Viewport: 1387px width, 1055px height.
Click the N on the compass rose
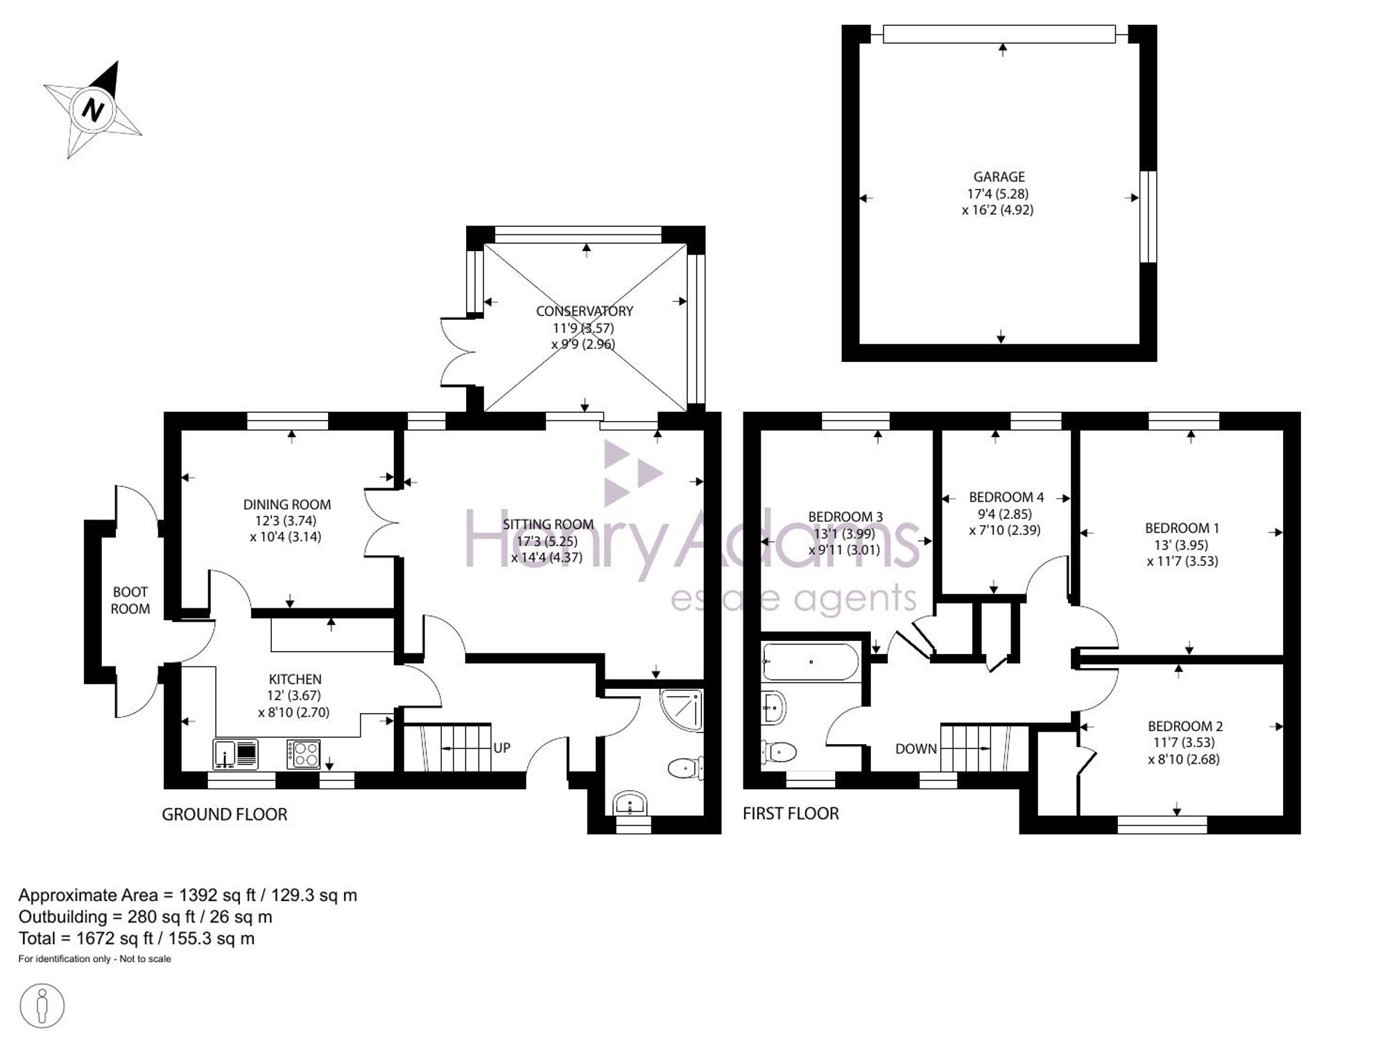[92, 110]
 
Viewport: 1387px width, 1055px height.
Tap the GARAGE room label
[999, 177]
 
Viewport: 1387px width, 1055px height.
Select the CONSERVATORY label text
[584, 311]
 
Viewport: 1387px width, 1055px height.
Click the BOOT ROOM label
[130, 600]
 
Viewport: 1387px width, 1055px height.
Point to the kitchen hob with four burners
[304, 754]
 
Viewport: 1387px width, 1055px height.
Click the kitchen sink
[236, 754]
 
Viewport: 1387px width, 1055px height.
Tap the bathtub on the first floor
[810, 662]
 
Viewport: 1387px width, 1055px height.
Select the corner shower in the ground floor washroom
[682, 710]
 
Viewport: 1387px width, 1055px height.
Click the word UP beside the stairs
[502, 748]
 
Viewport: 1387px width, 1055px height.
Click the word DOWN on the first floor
[916, 748]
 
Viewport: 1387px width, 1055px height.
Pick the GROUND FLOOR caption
[225, 814]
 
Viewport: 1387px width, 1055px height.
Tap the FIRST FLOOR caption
[791, 813]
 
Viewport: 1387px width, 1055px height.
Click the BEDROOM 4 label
[1006, 497]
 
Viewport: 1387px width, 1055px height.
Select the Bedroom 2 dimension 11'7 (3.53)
[1184, 742]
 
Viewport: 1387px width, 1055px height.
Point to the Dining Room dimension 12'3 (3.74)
[286, 520]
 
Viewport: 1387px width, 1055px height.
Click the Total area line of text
[137, 938]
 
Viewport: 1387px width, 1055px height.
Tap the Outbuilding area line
[146, 917]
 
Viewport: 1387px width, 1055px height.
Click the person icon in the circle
[42, 1005]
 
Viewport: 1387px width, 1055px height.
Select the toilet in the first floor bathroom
[779, 750]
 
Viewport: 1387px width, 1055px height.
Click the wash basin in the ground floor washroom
[630, 805]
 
